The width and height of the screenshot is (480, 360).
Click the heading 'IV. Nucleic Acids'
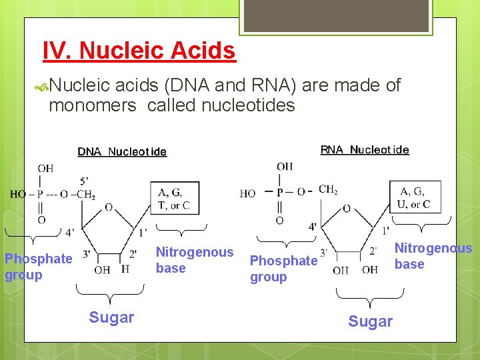tap(139, 51)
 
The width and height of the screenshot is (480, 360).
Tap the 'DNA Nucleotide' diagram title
tap(122, 152)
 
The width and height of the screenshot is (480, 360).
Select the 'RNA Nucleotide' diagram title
tap(365, 149)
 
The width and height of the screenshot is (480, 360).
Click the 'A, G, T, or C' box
tap(174, 199)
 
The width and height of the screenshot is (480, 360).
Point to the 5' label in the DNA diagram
tap(84, 180)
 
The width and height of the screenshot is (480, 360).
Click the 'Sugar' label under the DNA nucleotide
tap(111, 317)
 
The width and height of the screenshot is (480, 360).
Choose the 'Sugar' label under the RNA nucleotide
tap(370, 321)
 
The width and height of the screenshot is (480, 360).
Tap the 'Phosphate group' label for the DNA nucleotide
tap(38, 267)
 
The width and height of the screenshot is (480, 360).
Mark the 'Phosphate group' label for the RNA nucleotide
tap(283, 269)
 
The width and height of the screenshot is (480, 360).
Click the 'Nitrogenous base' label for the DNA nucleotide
tap(194, 260)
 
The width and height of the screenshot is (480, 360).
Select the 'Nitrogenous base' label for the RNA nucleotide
tap(433, 256)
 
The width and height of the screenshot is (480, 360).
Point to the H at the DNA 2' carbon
tap(125, 269)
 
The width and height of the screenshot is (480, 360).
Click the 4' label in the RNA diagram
tap(312, 227)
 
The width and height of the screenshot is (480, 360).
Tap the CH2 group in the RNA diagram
tap(328, 189)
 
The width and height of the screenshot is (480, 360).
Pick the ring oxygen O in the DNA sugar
tap(108, 207)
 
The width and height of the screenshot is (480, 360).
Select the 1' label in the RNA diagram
tap(385, 231)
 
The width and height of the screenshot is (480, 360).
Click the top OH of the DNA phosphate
tap(45, 169)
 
